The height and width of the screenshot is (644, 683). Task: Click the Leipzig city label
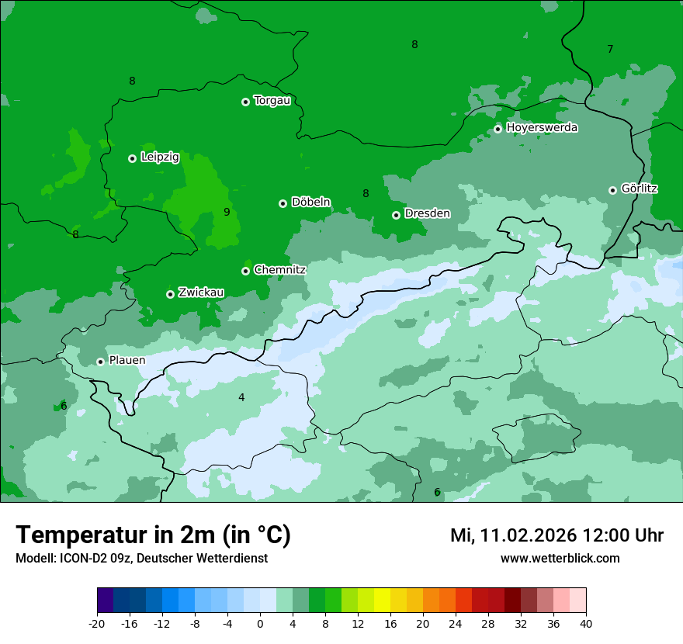(x=160, y=158)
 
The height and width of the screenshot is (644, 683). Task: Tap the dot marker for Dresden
(x=396, y=215)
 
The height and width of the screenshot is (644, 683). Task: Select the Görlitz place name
(x=640, y=189)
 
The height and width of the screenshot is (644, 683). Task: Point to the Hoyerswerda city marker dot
(x=498, y=129)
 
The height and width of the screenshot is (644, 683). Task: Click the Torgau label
(x=272, y=101)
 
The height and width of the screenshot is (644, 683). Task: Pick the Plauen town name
(x=127, y=361)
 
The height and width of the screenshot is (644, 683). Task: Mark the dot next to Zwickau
(x=170, y=294)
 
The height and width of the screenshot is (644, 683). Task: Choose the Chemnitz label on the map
(x=279, y=270)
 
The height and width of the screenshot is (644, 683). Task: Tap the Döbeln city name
(x=310, y=203)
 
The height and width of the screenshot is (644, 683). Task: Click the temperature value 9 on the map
(x=227, y=212)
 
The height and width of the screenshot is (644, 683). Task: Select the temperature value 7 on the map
(x=610, y=49)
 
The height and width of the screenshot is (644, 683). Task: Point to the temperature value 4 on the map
(x=241, y=397)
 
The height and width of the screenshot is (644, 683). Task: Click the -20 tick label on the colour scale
(x=97, y=623)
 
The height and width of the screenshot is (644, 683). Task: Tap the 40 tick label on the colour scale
(x=586, y=623)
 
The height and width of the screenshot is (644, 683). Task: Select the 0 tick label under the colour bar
(x=260, y=623)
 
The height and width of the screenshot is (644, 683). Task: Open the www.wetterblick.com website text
(x=560, y=559)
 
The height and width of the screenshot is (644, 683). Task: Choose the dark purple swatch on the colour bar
(x=105, y=601)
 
